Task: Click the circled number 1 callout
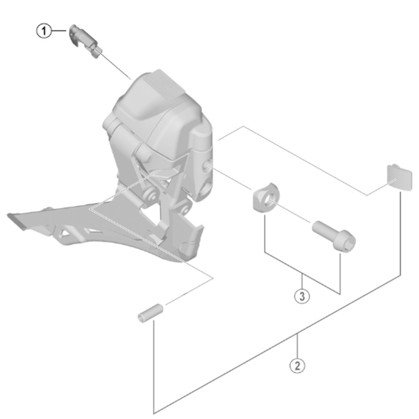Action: pyautogui.click(x=44, y=31)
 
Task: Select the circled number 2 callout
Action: pyautogui.click(x=297, y=365)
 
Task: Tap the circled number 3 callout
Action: pyautogui.click(x=302, y=296)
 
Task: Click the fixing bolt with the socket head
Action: pyautogui.click(x=334, y=236)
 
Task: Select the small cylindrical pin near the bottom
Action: pyautogui.click(x=150, y=313)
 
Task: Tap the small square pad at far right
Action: pyautogui.click(x=400, y=178)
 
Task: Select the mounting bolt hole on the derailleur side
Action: pyautogui.click(x=208, y=166)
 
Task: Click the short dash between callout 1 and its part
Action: pyautogui.click(x=59, y=31)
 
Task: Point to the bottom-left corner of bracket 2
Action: pyautogui.click(x=154, y=413)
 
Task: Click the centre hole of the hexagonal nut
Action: pyautogui.click(x=268, y=199)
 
